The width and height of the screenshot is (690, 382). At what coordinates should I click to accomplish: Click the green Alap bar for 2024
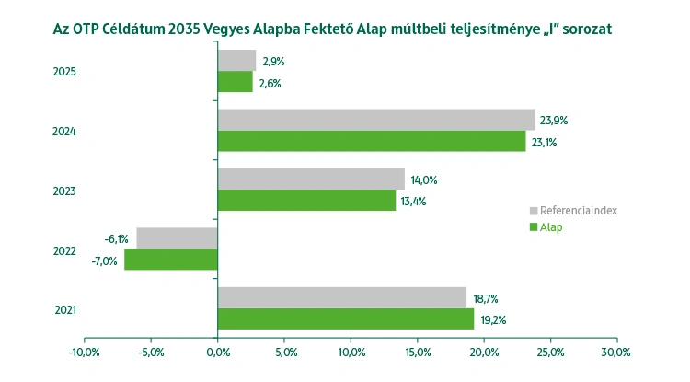pyautogui.click(x=372, y=142)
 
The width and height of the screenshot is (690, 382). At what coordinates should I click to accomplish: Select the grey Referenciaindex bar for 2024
pyautogui.click(x=376, y=120)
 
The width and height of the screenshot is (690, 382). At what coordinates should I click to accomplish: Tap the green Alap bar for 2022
pyautogui.click(x=171, y=260)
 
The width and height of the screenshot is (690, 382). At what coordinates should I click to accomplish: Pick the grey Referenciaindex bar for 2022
pyautogui.click(x=177, y=237)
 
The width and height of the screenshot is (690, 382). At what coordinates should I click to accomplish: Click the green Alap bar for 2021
pyautogui.click(x=346, y=318)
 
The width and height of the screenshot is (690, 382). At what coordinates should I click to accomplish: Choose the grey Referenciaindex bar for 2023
pyautogui.click(x=311, y=179)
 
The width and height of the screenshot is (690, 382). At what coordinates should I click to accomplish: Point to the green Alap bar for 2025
pyautogui.click(x=235, y=82)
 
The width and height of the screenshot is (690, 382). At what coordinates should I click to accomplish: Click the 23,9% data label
pyautogui.click(x=556, y=121)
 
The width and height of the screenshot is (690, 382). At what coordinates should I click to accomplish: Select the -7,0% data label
pyautogui.click(x=104, y=260)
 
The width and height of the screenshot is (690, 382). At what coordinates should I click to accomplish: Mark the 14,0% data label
pyautogui.click(x=423, y=179)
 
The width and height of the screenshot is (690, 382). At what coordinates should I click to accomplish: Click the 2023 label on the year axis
pyautogui.click(x=63, y=191)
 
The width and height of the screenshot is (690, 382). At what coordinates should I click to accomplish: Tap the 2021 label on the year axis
pyautogui.click(x=63, y=309)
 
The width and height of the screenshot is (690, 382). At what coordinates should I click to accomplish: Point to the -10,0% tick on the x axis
pyautogui.click(x=84, y=352)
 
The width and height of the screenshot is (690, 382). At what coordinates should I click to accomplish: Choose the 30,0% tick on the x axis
pyautogui.click(x=615, y=352)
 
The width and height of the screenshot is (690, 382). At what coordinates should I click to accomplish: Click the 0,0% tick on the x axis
pyautogui.click(x=217, y=352)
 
